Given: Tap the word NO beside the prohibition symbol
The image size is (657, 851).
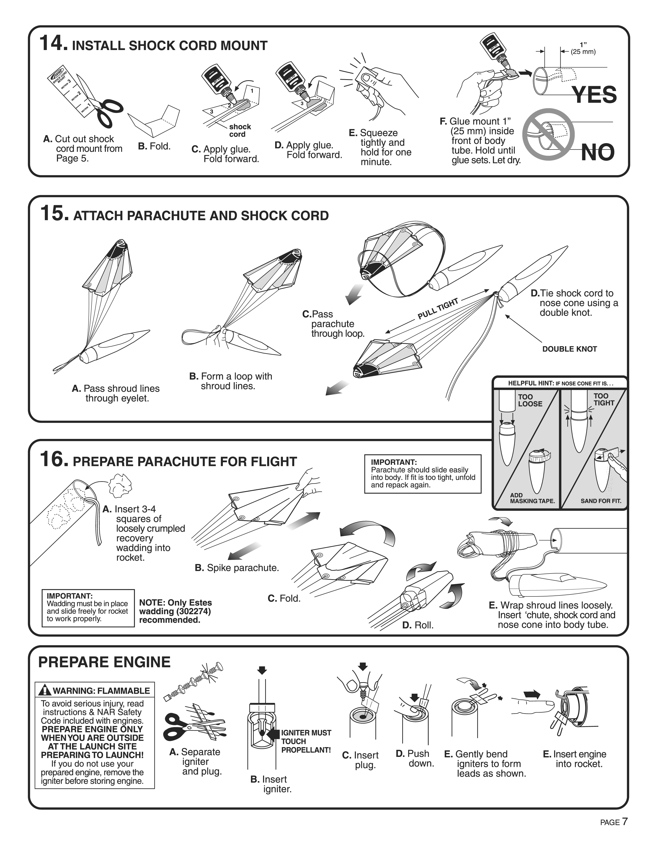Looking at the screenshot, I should click(x=597, y=152).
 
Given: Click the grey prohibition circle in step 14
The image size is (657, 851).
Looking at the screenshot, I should click(x=548, y=134).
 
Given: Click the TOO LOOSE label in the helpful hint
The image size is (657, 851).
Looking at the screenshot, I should click(x=530, y=400).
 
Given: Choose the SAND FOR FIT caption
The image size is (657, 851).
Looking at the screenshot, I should click(x=601, y=501).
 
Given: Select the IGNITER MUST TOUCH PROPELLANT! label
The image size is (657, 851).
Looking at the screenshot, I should click(x=306, y=741).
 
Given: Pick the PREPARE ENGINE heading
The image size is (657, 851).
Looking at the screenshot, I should click(x=104, y=662).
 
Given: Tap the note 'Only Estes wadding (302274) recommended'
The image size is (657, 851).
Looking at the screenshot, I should click(x=175, y=611).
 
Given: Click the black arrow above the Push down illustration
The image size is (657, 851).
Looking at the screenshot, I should click(x=414, y=697).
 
